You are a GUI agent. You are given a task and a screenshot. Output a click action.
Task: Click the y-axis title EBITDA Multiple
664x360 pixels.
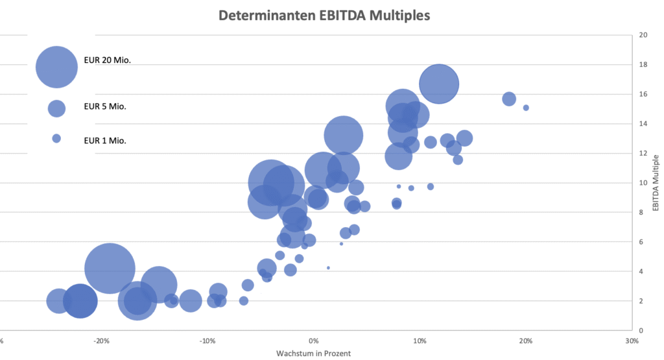[656, 182]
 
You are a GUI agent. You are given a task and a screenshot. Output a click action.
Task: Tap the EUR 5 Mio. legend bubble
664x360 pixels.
[56, 108]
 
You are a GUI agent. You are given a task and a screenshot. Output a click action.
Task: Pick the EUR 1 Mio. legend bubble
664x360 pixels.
[56, 138]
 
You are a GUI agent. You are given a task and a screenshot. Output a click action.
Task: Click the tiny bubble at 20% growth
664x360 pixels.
[526, 108]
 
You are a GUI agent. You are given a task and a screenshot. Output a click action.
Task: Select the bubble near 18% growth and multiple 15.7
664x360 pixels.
[509, 99]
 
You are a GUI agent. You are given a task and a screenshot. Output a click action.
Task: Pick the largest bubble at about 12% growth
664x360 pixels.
[439, 84]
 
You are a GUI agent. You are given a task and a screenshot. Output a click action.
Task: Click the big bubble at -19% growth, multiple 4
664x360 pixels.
[110, 269]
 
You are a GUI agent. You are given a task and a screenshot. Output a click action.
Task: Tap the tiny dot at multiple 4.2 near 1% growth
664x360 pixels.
[328, 267]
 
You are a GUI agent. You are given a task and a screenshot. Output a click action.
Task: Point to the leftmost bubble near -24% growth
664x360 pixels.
[59, 301]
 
